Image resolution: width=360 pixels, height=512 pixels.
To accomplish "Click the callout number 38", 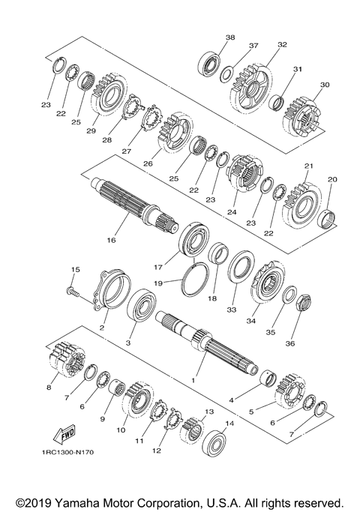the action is [x=230, y=37].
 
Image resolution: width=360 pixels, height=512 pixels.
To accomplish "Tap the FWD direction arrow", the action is [x=64, y=435].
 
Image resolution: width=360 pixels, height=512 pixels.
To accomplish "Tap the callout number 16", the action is [x=111, y=241].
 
